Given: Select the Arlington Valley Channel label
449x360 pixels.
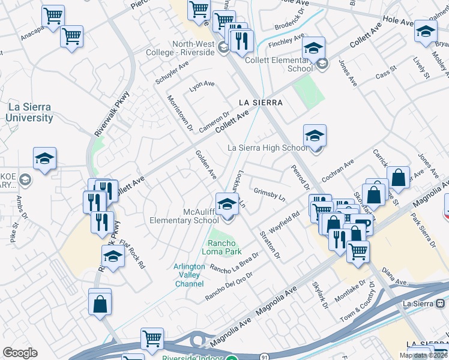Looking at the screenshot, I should tap(189, 275).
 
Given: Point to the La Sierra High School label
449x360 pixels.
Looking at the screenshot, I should tap(268, 148).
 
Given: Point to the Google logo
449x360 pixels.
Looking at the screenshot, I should tap(20, 353).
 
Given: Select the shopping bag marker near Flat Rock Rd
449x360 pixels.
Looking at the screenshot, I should tap(100, 302).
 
